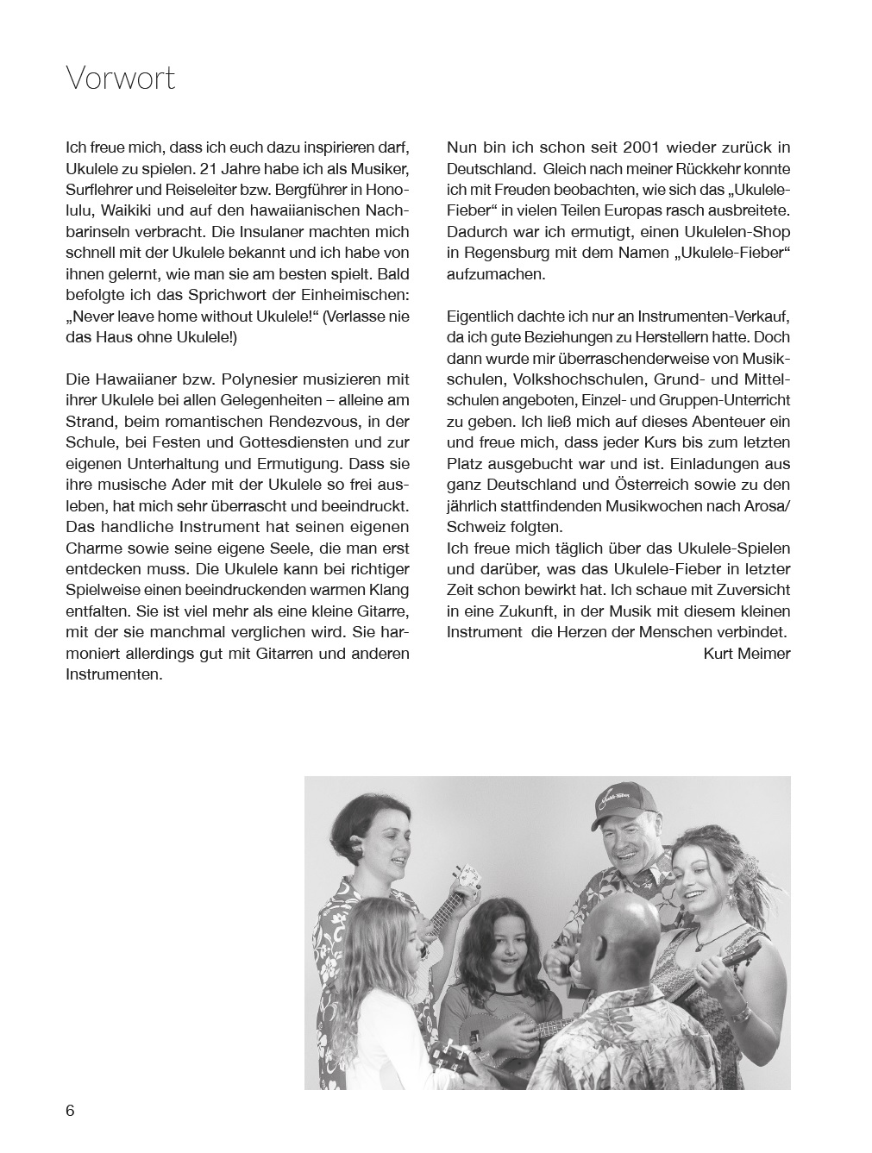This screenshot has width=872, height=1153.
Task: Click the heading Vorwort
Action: [120, 78]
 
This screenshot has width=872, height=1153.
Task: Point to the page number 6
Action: [70, 1111]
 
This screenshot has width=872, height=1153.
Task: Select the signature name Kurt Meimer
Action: [746, 654]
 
